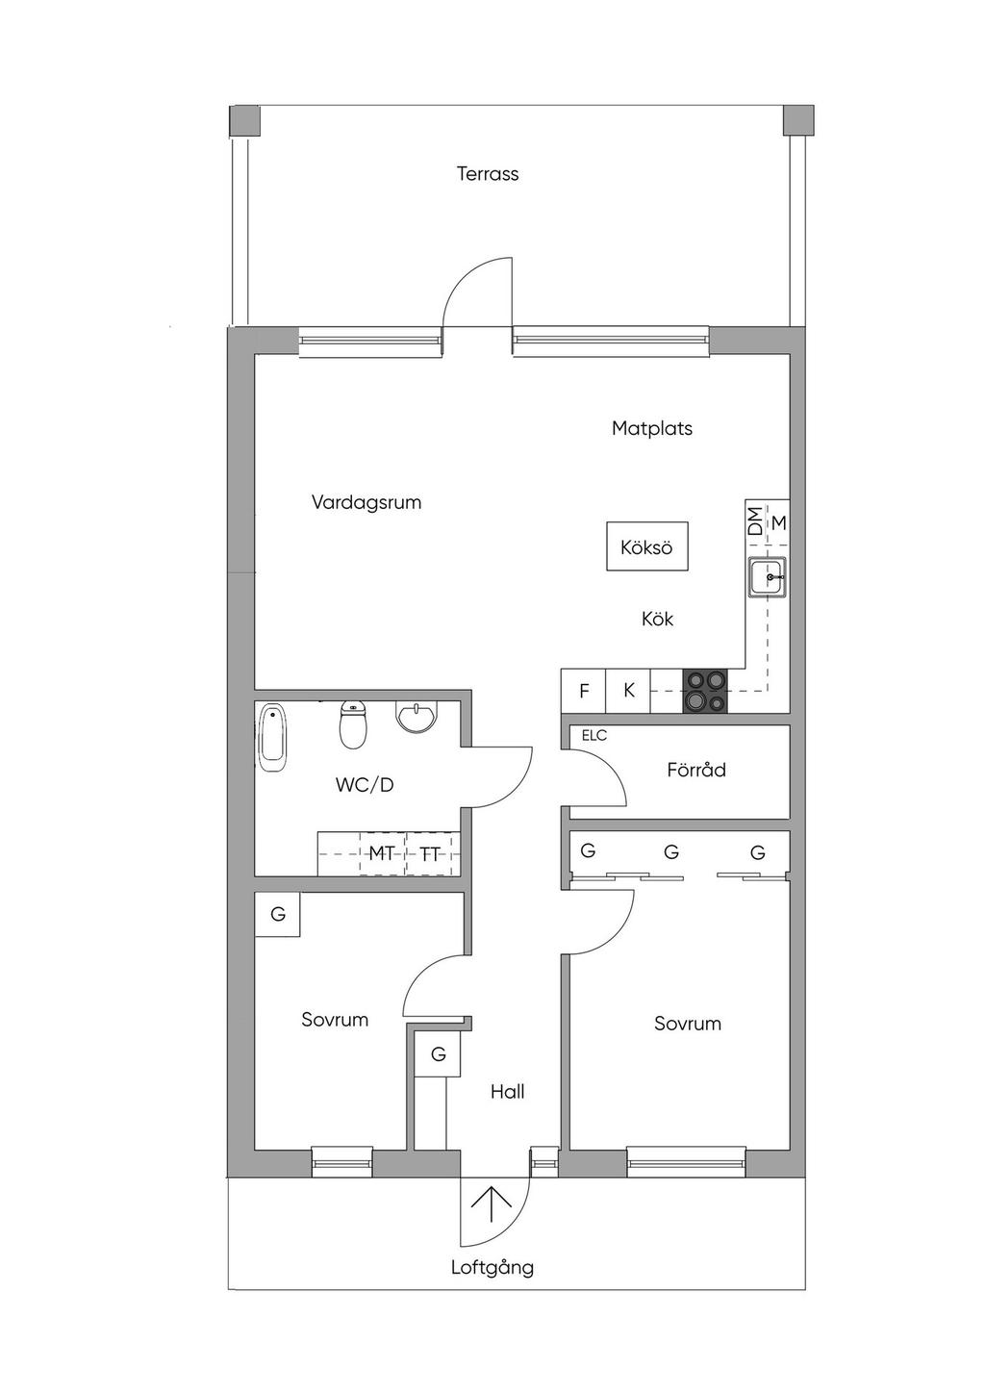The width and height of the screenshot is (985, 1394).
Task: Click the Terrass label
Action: click(x=488, y=173)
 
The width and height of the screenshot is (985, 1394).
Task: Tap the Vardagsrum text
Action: click(x=366, y=503)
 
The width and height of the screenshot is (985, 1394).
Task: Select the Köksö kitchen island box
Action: click(x=647, y=546)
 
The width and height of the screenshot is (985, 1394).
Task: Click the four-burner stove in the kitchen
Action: click(x=705, y=691)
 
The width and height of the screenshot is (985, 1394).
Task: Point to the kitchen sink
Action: click(x=768, y=577)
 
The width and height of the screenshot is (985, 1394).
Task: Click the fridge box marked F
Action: click(x=584, y=691)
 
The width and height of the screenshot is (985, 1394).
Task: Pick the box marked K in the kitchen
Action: click(x=628, y=691)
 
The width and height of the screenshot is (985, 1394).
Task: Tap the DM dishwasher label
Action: click(x=755, y=521)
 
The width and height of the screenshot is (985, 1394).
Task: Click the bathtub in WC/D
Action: click(x=272, y=738)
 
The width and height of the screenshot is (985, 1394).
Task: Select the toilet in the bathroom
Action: click(x=353, y=725)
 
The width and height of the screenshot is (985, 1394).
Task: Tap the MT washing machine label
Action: click(x=382, y=853)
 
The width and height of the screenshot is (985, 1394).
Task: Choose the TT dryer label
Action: click(x=429, y=854)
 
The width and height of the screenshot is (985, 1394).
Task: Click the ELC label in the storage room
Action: click(x=594, y=736)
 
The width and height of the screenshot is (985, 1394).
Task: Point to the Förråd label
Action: click(x=696, y=770)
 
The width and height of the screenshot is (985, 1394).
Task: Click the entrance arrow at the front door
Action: click(x=491, y=1204)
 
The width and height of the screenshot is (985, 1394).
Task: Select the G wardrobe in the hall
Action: click(x=438, y=1053)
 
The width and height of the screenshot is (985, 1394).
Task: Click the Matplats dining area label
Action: click(x=652, y=428)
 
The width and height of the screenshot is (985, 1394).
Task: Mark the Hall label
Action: click(x=507, y=1092)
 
